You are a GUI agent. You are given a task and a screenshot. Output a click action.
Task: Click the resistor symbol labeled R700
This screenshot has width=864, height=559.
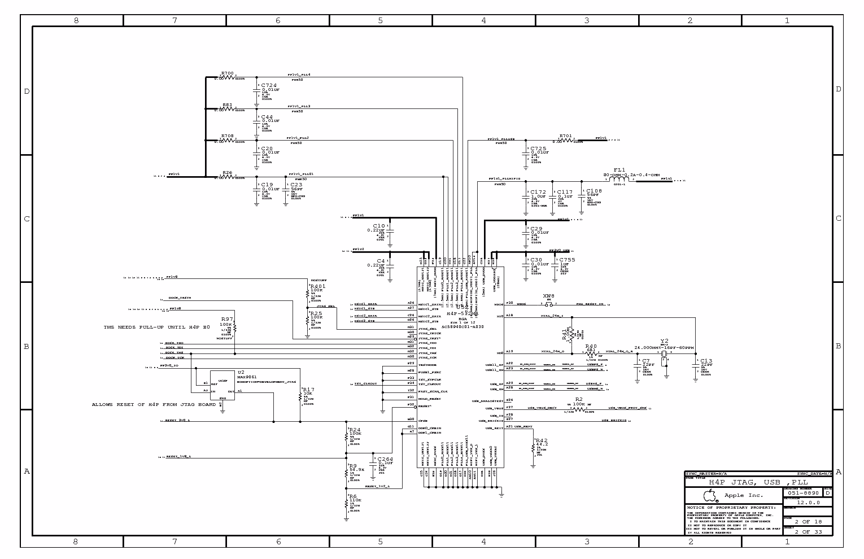227,77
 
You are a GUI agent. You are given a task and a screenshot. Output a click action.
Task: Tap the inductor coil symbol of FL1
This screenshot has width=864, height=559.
619,180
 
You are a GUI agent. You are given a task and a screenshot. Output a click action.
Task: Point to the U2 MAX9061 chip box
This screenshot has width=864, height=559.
222,385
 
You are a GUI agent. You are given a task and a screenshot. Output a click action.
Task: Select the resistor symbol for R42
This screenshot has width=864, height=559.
533,447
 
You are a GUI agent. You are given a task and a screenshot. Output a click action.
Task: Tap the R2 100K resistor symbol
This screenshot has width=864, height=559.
579,408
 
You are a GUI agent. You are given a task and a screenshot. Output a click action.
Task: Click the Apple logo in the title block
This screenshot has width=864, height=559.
710,496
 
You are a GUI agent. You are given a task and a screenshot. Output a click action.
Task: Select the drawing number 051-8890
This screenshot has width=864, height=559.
802,493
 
